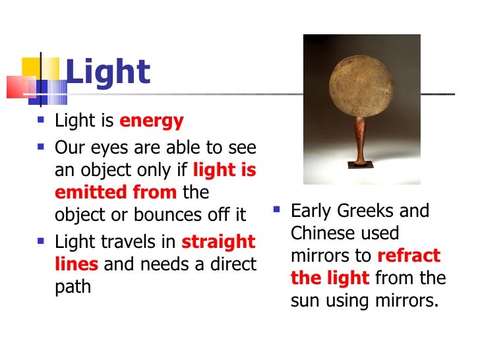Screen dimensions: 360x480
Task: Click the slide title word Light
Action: click(x=109, y=73)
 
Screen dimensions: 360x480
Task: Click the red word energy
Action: click(x=151, y=122)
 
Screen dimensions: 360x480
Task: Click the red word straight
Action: click(x=218, y=242)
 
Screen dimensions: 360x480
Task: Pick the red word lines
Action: click(x=76, y=264)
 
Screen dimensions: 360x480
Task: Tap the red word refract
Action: click(x=409, y=256)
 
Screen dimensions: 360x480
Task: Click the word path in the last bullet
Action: click(x=73, y=287)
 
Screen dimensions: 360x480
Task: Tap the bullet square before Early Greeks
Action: click(x=278, y=210)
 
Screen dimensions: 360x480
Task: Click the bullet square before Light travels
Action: click(x=42, y=241)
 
